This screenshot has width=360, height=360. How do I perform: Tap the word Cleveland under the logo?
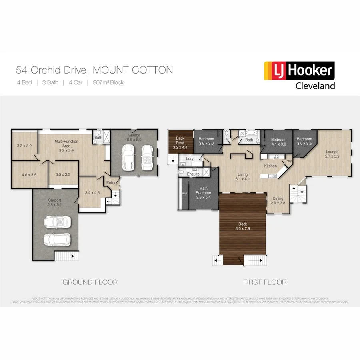[x=315, y=85]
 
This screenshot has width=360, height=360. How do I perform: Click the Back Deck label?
[x=180, y=142]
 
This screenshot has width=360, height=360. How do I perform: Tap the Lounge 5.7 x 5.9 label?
[x=332, y=154]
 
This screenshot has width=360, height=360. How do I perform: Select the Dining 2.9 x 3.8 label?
[x=278, y=200]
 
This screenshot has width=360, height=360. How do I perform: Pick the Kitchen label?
[x=270, y=166]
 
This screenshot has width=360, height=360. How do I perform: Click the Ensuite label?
[x=193, y=174]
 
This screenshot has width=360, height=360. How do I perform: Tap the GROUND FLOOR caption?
[x=90, y=282]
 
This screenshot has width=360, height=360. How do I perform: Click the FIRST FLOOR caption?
[x=265, y=282]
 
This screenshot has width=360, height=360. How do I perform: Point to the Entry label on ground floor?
[x=110, y=183]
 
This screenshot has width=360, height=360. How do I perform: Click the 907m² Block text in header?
[x=108, y=83]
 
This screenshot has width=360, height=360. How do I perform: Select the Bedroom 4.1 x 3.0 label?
[x=278, y=142]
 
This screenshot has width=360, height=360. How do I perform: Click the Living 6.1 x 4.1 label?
[x=242, y=177]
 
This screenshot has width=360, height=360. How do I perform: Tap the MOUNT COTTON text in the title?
[x=133, y=70]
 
